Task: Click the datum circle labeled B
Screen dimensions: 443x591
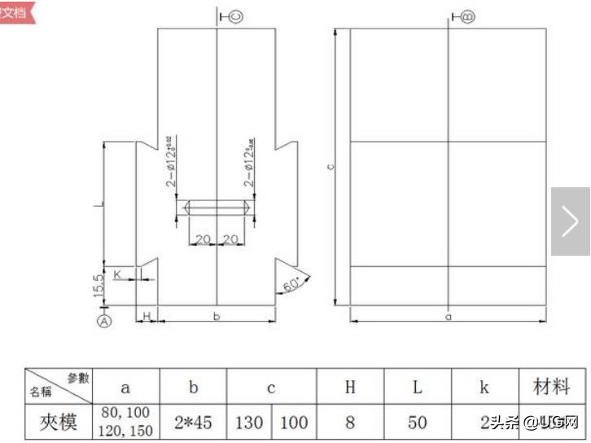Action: pos(468,15)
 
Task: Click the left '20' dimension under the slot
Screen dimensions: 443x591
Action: pos(203,239)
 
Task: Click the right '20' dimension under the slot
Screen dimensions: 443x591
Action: pos(231,239)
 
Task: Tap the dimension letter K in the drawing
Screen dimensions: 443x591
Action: pos(118,274)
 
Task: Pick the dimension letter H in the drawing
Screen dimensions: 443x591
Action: pos(147,315)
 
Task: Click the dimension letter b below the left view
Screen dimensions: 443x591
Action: pos(217,316)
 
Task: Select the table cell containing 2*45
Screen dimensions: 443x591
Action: pos(193,423)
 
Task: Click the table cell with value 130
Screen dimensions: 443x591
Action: pos(249,423)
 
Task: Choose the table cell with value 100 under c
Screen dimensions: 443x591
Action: pos(294,423)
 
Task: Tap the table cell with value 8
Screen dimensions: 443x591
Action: pos(350,423)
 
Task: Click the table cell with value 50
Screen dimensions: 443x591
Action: pos(417,423)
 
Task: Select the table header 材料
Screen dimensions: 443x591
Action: pos(551,387)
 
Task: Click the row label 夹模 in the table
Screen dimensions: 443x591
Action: pos(59,423)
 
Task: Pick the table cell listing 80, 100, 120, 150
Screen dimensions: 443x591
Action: pos(125,423)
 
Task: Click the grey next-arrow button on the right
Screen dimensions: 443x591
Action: pos(570,221)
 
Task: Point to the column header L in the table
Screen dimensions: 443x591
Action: pos(417,388)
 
